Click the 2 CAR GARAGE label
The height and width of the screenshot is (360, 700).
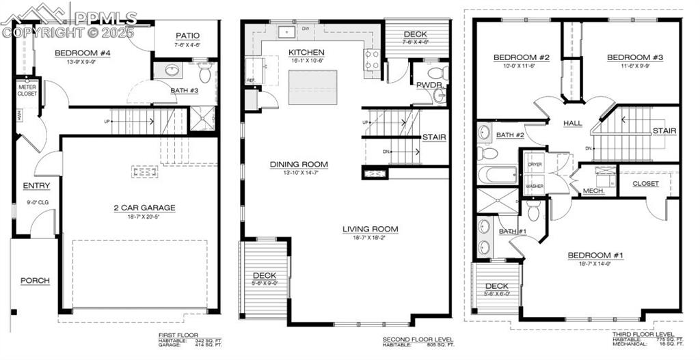(144, 208)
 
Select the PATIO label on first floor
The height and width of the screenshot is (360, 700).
(187, 36)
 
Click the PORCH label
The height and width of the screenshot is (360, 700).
(35, 280)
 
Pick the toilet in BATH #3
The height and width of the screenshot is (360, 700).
(204, 73)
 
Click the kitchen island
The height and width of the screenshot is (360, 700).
(312, 87)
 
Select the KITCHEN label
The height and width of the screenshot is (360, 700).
(306, 53)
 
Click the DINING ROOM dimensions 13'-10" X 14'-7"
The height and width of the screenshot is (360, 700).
(299, 173)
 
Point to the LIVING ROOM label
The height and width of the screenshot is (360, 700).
(371, 229)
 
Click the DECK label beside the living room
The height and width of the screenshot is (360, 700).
(265, 275)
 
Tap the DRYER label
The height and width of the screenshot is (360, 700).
(535, 165)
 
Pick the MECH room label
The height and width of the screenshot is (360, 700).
(593, 191)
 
